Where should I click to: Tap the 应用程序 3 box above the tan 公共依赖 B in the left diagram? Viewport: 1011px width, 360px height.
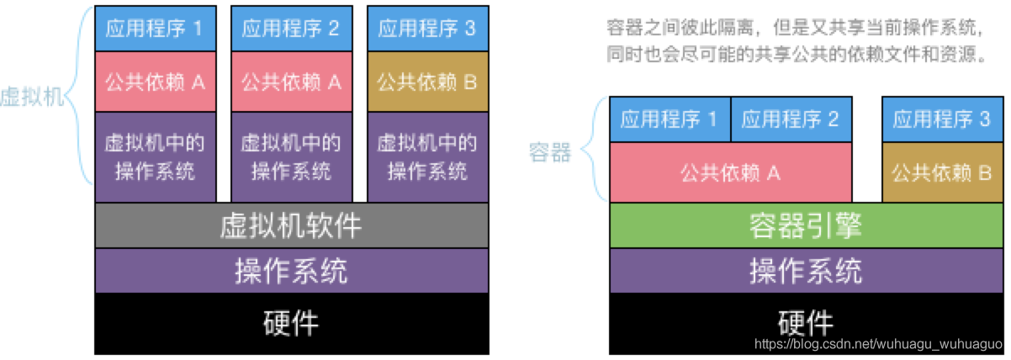(x=427, y=29)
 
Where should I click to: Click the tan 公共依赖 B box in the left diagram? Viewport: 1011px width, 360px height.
(x=427, y=82)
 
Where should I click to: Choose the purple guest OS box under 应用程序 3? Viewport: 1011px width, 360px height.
(x=427, y=156)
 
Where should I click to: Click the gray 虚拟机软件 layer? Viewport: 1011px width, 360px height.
(x=291, y=225)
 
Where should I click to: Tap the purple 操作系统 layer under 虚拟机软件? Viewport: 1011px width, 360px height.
(x=291, y=271)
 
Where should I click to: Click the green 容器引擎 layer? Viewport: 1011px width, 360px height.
(x=806, y=225)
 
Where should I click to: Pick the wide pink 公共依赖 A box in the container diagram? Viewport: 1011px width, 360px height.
(x=731, y=173)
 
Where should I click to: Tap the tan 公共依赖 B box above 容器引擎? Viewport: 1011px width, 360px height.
(x=942, y=173)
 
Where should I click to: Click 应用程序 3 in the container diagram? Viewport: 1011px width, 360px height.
(x=942, y=119)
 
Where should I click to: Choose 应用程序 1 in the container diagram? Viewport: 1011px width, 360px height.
(x=670, y=119)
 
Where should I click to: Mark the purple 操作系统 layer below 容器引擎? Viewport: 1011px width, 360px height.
(x=806, y=271)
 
